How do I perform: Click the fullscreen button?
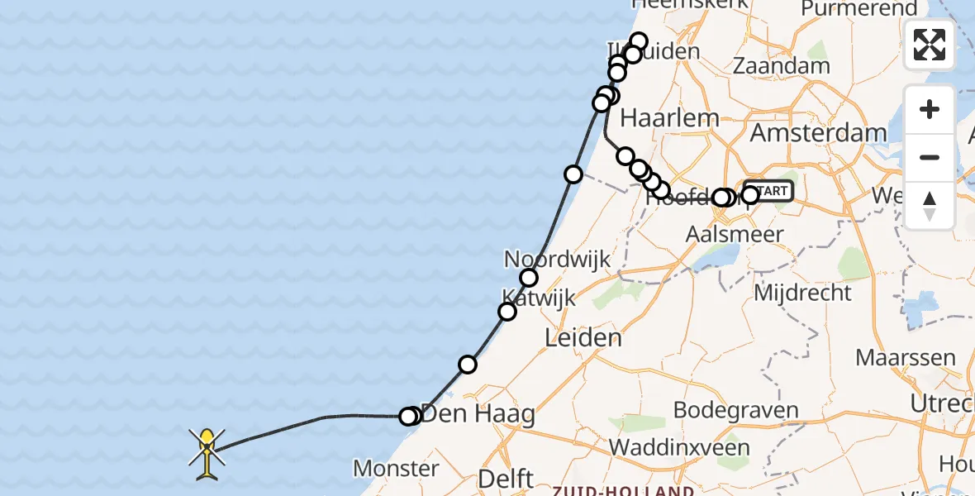930,45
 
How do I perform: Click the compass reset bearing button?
930,205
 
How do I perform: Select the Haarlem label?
669,118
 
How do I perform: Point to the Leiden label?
583,337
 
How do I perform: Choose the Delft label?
505,478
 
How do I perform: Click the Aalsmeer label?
735,234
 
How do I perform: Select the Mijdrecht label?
803,293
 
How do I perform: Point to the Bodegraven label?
735,410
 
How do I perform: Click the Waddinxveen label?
680,447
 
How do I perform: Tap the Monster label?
396,469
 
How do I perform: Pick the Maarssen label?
906,358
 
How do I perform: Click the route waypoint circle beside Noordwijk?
529,278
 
